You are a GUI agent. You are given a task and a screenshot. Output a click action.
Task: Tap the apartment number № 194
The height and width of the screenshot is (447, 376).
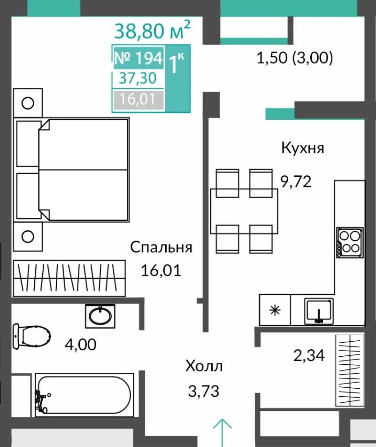(x=138, y=58)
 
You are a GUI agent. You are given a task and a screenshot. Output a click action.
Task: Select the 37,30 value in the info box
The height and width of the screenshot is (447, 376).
(x=138, y=78)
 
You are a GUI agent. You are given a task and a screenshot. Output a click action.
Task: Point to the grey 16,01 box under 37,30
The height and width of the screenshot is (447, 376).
(x=138, y=100)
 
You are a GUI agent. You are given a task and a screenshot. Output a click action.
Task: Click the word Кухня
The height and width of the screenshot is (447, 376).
(x=303, y=148)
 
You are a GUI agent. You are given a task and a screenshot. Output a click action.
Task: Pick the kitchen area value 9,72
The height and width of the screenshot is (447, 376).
(x=296, y=181)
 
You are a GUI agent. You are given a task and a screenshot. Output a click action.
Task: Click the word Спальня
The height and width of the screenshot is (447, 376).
(x=161, y=247)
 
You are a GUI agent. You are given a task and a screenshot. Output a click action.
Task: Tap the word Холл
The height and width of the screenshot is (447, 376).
(x=204, y=366)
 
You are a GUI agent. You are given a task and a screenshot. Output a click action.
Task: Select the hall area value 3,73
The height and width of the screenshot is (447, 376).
(x=204, y=391)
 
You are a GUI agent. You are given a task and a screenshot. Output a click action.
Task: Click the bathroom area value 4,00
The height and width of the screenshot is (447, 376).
(x=81, y=345)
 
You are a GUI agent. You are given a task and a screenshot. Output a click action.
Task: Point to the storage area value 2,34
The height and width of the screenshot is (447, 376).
(x=309, y=355)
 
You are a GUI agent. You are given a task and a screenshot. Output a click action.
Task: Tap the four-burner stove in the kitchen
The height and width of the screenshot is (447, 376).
(x=350, y=243)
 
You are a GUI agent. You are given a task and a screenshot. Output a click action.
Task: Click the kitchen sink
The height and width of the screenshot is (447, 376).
(x=319, y=311)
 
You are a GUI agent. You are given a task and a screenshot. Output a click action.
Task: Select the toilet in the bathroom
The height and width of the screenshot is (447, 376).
(x=31, y=337)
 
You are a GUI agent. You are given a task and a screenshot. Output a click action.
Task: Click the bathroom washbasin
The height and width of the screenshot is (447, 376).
(x=100, y=316)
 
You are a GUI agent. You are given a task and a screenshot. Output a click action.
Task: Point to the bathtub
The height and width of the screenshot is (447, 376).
(x=84, y=395)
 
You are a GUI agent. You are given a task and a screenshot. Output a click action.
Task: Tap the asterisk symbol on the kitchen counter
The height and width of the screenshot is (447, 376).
(x=275, y=310)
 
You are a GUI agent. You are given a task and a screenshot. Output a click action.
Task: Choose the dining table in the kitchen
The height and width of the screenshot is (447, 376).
(x=244, y=211)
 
